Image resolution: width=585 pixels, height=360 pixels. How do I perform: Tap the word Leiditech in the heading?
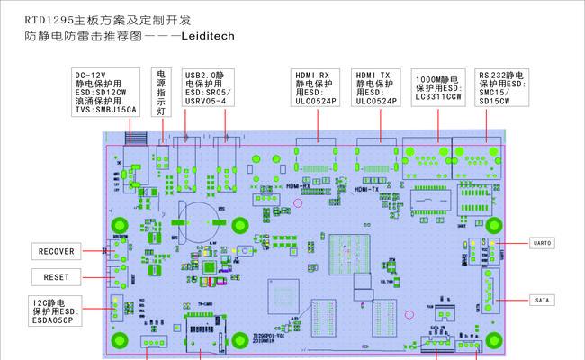pyautogui.click(x=211, y=38)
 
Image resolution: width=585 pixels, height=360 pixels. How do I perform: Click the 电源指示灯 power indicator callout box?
pyautogui.click(x=161, y=92)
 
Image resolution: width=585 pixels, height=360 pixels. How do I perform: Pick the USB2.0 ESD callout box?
pyautogui.click(x=207, y=87)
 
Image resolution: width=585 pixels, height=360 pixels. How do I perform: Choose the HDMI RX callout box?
pyautogui.click(x=315, y=87)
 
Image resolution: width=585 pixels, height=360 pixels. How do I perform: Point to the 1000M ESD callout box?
pyautogui.click(x=438, y=87)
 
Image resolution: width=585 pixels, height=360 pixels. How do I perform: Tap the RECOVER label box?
pyautogui.click(x=56, y=250)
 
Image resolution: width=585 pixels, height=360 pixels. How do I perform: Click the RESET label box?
pyautogui.click(x=56, y=276)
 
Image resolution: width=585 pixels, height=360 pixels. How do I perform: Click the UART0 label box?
pyautogui.click(x=542, y=242)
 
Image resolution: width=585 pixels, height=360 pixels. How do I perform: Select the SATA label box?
pyautogui.click(x=542, y=300)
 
